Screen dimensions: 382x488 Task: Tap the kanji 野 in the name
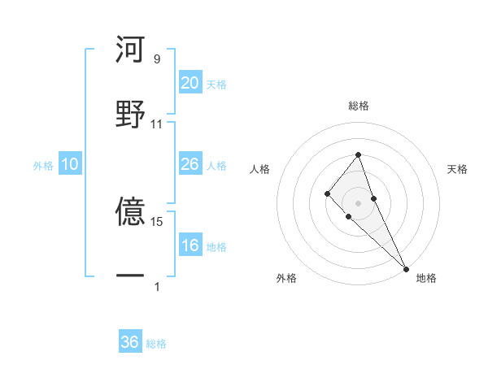pos(130,114)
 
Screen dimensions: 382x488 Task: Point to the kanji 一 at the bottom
pos(130,276)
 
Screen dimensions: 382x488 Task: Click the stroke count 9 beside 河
pos(156,59)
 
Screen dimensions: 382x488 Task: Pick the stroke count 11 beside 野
pos(157,124)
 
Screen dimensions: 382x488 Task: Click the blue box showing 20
pos(190,82)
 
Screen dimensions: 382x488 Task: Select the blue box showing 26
pos(190,164)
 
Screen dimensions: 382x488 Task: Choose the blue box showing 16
pos(190,245)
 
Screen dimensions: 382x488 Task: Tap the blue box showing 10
pos(70,164)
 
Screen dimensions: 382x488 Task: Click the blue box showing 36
pos(130,342)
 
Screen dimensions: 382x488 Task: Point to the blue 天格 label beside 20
pos(216,84)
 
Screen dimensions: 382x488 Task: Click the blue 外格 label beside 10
pos(43,166)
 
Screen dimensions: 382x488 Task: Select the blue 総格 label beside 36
pos(156,344)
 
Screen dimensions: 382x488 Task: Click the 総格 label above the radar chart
pos(359,106)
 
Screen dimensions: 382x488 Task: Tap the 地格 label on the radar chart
pos(426,278)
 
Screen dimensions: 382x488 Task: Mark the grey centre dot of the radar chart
pos(359,202)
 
